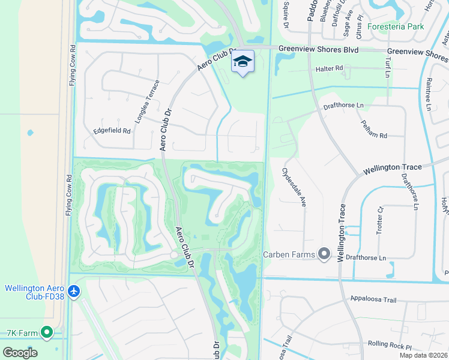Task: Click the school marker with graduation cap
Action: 243,62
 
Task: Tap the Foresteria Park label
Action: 397,26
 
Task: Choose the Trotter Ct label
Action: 380,220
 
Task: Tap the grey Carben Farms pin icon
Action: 324,254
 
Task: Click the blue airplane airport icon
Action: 74,292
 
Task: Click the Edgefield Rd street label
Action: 112,130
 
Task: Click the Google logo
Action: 20,352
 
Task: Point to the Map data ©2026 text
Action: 423,355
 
